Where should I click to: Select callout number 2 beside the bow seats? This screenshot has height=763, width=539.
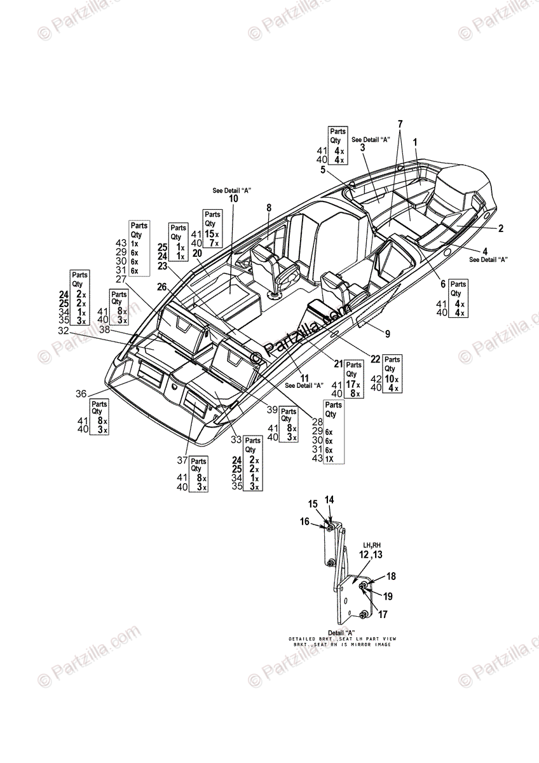501,228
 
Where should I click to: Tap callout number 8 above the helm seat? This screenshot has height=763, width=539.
269,207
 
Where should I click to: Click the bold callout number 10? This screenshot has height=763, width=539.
233,199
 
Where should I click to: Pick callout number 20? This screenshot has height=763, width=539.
197,253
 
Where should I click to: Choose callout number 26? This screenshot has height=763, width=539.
162,287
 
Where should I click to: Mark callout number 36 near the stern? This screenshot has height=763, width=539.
81,394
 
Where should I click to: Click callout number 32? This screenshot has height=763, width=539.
63,331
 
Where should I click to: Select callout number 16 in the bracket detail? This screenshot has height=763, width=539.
304,521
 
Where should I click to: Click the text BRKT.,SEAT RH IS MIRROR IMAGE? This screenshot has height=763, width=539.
343,644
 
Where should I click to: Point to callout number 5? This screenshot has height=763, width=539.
323,170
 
